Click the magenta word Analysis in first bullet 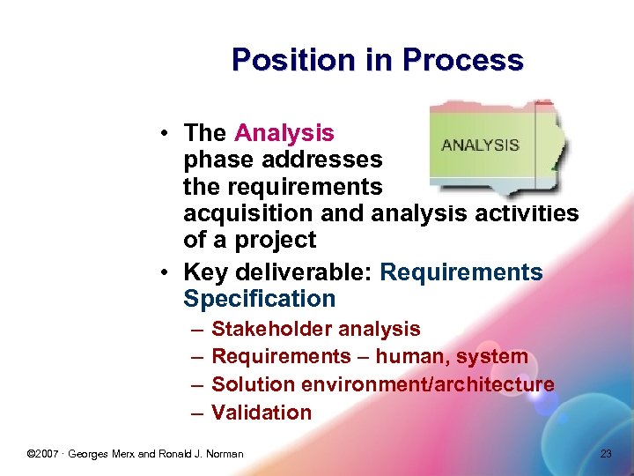pos(284,133)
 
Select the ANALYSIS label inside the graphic pos(480,145)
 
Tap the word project pos(275,240)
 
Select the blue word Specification pos(259,299)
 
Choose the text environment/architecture pos(428,384)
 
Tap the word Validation pos(262,413)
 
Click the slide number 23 pos(605,454)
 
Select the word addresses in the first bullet pos(327,160)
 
